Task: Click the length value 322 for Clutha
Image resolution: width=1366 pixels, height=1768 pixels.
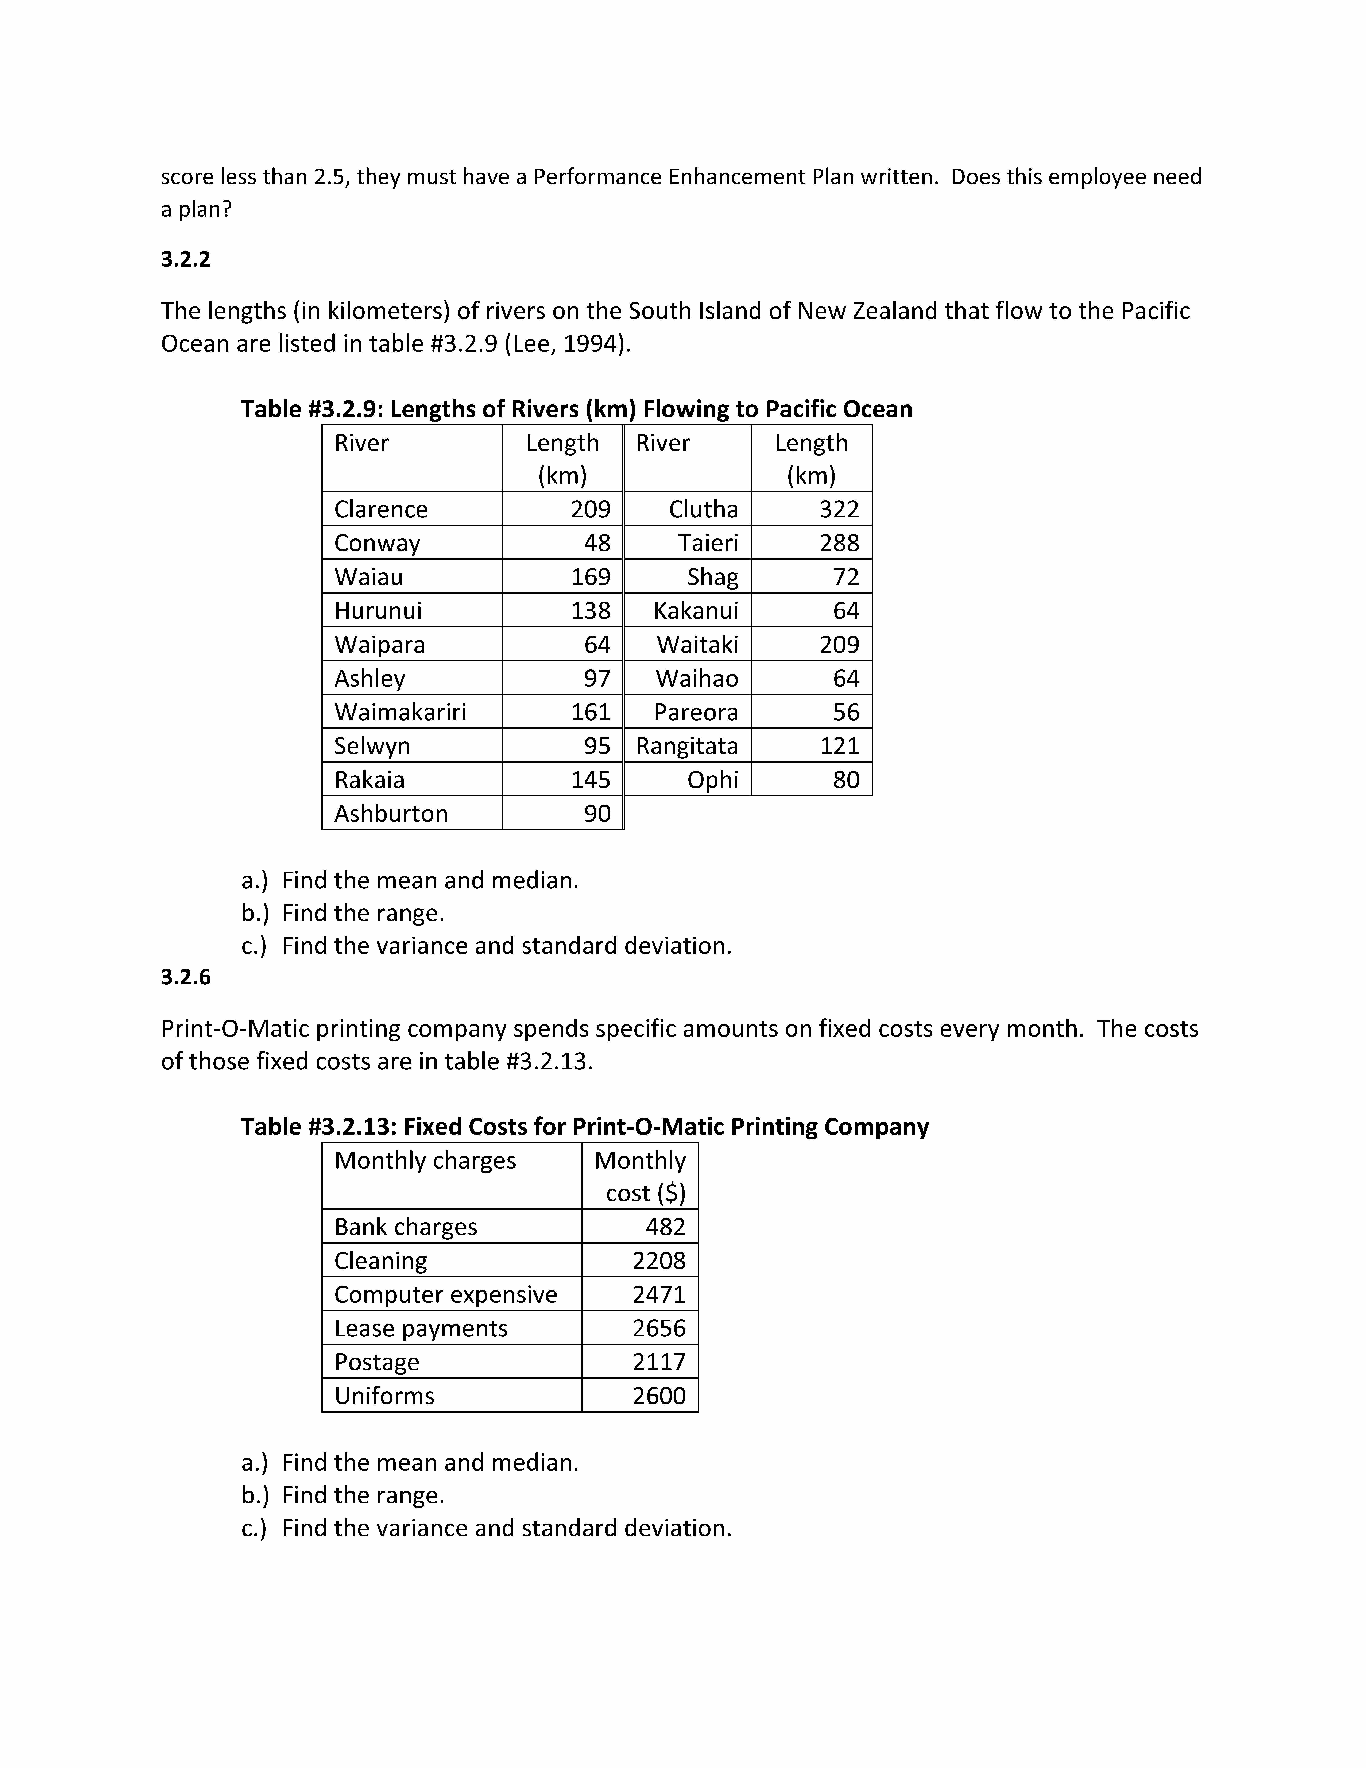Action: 838,509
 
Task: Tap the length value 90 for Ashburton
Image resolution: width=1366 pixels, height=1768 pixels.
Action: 597,814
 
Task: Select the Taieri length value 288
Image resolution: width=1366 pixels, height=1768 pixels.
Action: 838,543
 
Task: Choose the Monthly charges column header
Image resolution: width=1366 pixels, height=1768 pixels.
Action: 425,1161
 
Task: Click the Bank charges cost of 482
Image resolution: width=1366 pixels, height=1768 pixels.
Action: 665,1227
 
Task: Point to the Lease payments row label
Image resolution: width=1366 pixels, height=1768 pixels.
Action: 421,1328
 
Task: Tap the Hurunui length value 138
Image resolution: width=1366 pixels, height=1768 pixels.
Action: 591,610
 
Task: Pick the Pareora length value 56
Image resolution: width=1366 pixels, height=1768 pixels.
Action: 846,712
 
